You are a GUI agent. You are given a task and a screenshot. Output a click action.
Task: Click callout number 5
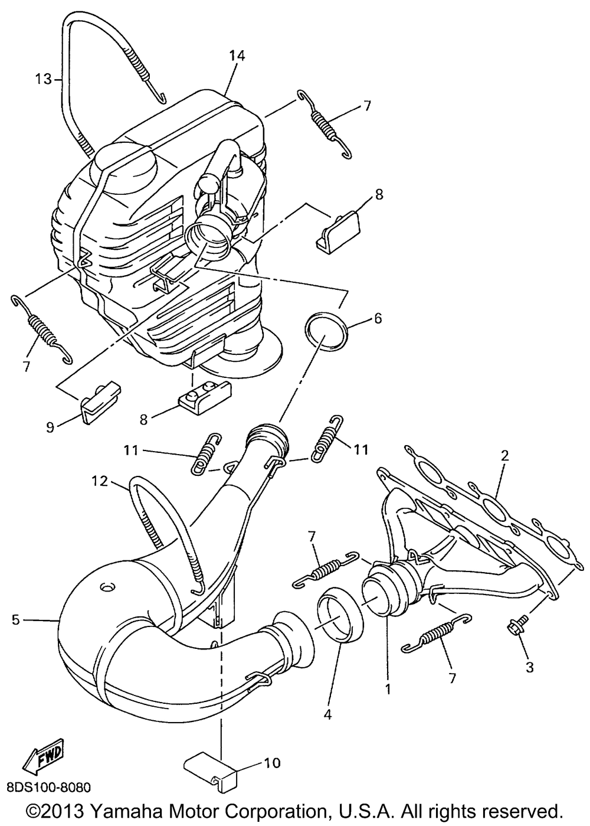point(16,619)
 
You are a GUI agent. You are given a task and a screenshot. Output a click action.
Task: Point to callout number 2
point(504,455)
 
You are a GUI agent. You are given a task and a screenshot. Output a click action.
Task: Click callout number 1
point(388,688)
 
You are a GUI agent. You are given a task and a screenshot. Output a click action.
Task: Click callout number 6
point(378,319)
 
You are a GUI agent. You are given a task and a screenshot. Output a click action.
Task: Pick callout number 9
point(50,426)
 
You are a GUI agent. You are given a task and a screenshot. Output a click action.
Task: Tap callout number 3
point(529,667)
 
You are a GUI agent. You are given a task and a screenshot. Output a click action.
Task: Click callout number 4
point(327,715)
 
